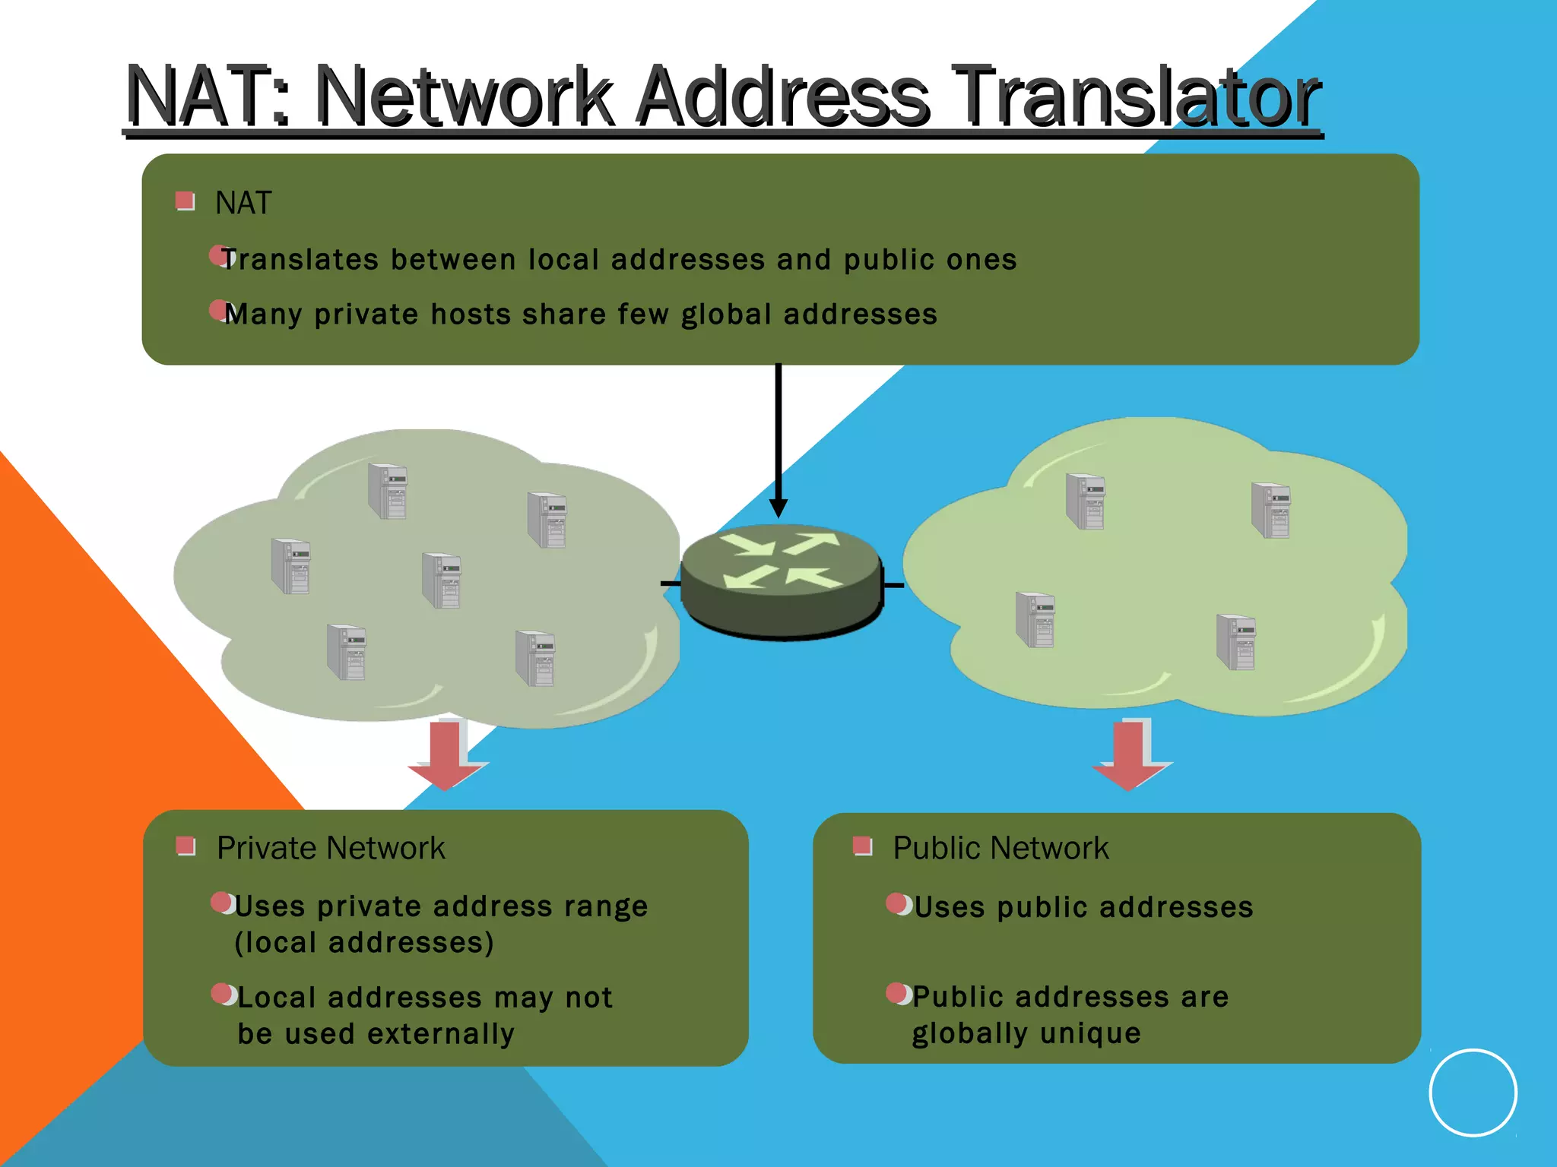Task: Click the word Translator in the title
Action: (x=1137, y=96)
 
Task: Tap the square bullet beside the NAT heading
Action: (x=185, y=201)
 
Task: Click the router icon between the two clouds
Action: (x=782, y=579)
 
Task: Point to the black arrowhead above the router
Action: (x=778, y=508)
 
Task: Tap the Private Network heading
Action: (x=331, y=848)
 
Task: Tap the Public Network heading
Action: (x=1000, y=848)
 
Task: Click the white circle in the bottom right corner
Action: (x=1473, y=1093)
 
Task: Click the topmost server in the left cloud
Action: (x=388, y=491)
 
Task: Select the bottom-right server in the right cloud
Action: (x=1236, y=642)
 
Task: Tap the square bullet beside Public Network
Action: (x=862, y=846)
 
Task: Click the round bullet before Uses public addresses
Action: (x=897, y=904)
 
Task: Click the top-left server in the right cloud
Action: (x=1086, y=501)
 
